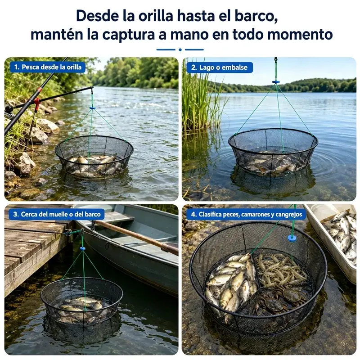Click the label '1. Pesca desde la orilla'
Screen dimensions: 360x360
(48, 67)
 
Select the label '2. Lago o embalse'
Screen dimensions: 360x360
(220, 67)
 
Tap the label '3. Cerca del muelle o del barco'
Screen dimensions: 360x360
(57, 214)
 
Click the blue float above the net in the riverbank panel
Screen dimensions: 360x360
(92, 108)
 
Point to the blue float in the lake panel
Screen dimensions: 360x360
(276, 82)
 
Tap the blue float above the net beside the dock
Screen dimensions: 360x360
(83, 248)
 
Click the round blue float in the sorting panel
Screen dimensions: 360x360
(292, 238)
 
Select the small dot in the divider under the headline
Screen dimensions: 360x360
(180, 49)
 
